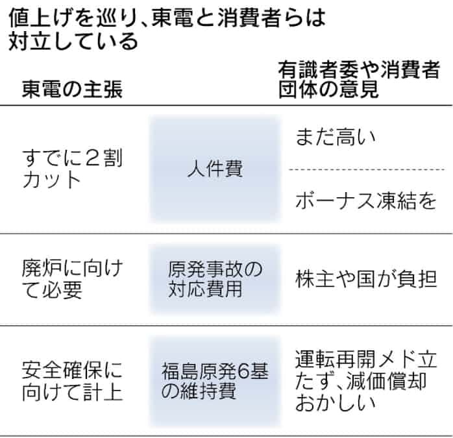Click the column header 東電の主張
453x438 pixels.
pos(72,89)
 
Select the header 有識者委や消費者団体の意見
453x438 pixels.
pos(359,79)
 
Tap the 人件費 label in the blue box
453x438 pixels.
pos(215,169)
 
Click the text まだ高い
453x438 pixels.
pos(336,137)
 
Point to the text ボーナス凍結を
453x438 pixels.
pos(366,201)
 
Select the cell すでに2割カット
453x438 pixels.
pos(73,169)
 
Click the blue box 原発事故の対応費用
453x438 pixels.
pos(215,279)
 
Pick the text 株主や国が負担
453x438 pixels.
pos(366,279)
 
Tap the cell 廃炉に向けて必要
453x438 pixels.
pos(73,279)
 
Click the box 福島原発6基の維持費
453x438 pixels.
pos(215,382)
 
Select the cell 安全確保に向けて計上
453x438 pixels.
pos(72,382)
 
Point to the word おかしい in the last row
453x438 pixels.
pos(336,403)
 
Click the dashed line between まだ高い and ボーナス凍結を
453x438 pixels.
pos(367,169)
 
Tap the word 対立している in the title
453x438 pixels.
pos(73,42)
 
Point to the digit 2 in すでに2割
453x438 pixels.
pos(93,158)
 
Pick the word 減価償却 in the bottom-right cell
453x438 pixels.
pos(386,382)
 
